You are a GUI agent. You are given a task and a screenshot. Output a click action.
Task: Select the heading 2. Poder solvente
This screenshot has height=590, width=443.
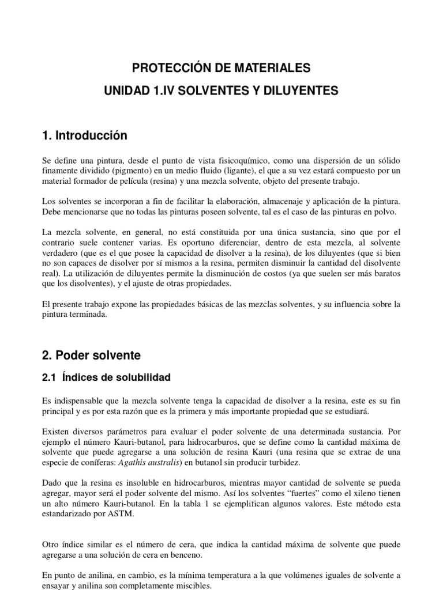point(91,355)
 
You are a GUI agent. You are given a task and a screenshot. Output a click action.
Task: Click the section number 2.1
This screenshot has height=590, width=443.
point(49,378)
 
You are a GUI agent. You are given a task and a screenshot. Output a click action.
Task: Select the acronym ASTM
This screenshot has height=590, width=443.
point(121,514)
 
